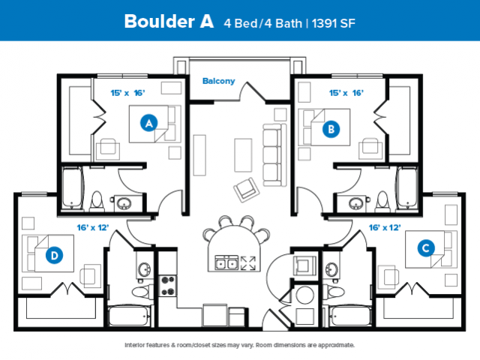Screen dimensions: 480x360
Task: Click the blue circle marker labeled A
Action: [148, 123]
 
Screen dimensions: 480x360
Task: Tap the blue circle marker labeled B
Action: [331, 129]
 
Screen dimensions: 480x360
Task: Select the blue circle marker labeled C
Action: [426, 247]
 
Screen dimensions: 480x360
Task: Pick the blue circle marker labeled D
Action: [54, 255]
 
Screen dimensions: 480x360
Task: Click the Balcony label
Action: [218, 81]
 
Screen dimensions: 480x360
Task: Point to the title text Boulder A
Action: [169, 22]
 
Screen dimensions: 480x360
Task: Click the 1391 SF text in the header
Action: [333, 23]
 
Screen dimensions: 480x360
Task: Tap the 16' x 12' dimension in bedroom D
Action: [93, 227]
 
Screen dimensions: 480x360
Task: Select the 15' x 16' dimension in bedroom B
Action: [346, 93]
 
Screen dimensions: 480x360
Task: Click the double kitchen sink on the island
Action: [226, 262]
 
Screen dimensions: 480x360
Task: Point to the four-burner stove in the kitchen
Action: [167, 286]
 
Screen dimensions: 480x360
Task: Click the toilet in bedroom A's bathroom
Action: [97, 201]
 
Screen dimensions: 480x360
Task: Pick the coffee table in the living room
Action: [243, 155]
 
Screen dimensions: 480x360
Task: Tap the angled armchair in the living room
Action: [247, 190]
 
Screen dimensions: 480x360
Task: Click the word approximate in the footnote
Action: [336, 345]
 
